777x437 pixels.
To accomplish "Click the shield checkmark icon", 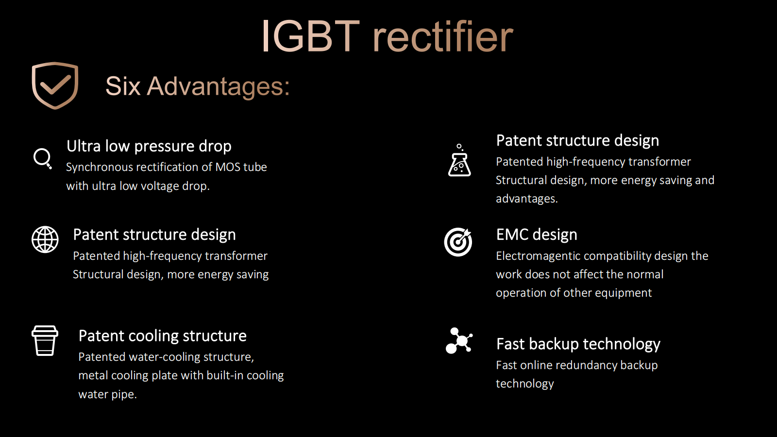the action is [55, 85].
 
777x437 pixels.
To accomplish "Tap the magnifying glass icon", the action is [42, 158].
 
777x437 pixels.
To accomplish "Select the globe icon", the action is [45, 239].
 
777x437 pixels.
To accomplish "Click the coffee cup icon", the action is [45, 340].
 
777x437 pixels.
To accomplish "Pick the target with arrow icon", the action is [458, 242].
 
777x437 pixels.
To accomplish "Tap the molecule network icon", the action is [459, 340].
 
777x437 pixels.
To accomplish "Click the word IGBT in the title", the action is [310, 36].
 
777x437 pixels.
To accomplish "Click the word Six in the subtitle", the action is [123, 86].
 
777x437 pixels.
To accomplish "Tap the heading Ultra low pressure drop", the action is [149, 146].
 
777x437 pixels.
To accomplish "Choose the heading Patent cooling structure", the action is [162, 336].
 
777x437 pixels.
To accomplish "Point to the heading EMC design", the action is [537, 235].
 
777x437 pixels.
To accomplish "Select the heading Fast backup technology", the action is [578, 344].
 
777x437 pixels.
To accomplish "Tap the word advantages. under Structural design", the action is [527, 199].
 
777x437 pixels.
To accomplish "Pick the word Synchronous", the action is [100, 168].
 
